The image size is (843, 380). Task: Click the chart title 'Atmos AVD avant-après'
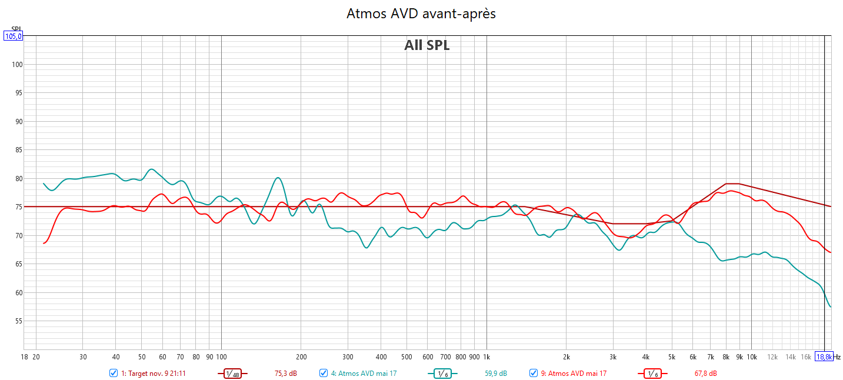(421, 14)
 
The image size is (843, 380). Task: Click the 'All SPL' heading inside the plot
(427, 45)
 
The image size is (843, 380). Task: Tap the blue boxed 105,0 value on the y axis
(13, 36)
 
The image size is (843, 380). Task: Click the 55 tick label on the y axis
(17, 321)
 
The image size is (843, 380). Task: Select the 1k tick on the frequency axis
(487, 357)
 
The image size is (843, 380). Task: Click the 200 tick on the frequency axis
(301, 357)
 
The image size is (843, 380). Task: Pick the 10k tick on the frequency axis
(751, 357)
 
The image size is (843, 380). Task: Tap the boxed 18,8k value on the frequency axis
(824, 357)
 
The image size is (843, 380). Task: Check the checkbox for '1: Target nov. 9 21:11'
(114, 373)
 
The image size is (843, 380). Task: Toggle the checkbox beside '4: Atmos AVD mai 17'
(324, 373)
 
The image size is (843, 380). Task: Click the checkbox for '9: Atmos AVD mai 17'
(534, 373)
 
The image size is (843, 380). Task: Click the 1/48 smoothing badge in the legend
(232, 374)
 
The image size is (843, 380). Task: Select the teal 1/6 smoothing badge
(442, 374)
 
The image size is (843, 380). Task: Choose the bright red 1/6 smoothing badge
(652, 374)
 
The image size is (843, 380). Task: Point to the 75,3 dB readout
(286, 374)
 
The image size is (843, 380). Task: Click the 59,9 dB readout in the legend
(495, 374)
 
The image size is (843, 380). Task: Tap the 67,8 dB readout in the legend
(705, 374)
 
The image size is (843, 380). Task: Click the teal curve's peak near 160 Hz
(278, 178)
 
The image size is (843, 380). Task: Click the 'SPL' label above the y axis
(16, 29)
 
